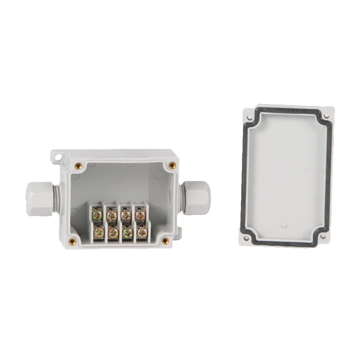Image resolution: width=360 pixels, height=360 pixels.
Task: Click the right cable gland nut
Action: point(197,198)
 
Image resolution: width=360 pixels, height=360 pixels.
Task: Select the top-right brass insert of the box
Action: point(172,165)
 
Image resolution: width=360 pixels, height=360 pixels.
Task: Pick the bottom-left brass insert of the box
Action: point(72,241)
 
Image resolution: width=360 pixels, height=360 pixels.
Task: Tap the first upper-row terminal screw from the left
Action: point(97,216)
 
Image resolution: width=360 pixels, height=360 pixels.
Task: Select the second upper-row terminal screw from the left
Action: point(112,215)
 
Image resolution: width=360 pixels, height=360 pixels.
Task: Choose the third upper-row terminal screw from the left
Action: point(126,215)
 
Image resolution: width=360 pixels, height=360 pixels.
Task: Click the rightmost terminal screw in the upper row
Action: point(140,215)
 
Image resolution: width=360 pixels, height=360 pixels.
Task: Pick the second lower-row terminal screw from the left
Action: point(113,232)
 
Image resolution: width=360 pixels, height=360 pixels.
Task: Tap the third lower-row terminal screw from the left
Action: point(128,232)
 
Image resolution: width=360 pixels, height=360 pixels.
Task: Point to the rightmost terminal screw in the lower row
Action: point(142,232)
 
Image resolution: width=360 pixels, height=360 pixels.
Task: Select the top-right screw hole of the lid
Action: point(326,116)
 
